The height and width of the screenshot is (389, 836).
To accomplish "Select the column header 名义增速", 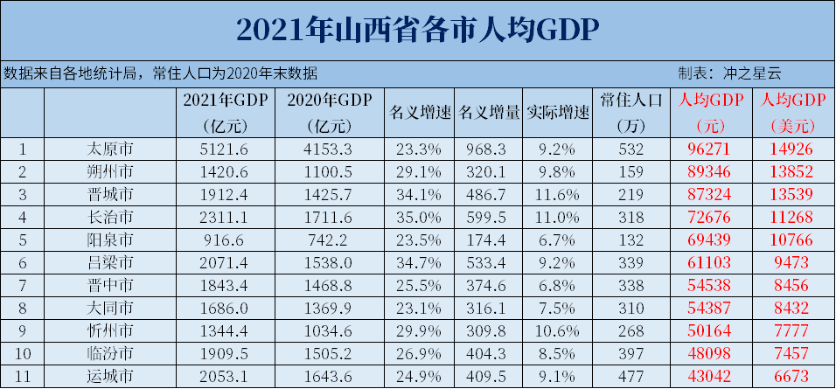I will point(419,113).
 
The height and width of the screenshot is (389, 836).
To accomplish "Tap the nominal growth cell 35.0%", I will point(419,217).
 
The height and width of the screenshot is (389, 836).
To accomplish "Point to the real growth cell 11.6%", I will point(558,194).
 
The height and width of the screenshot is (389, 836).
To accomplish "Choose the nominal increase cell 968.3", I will point(489,149).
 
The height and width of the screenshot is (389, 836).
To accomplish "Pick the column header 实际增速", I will point(558,113).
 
